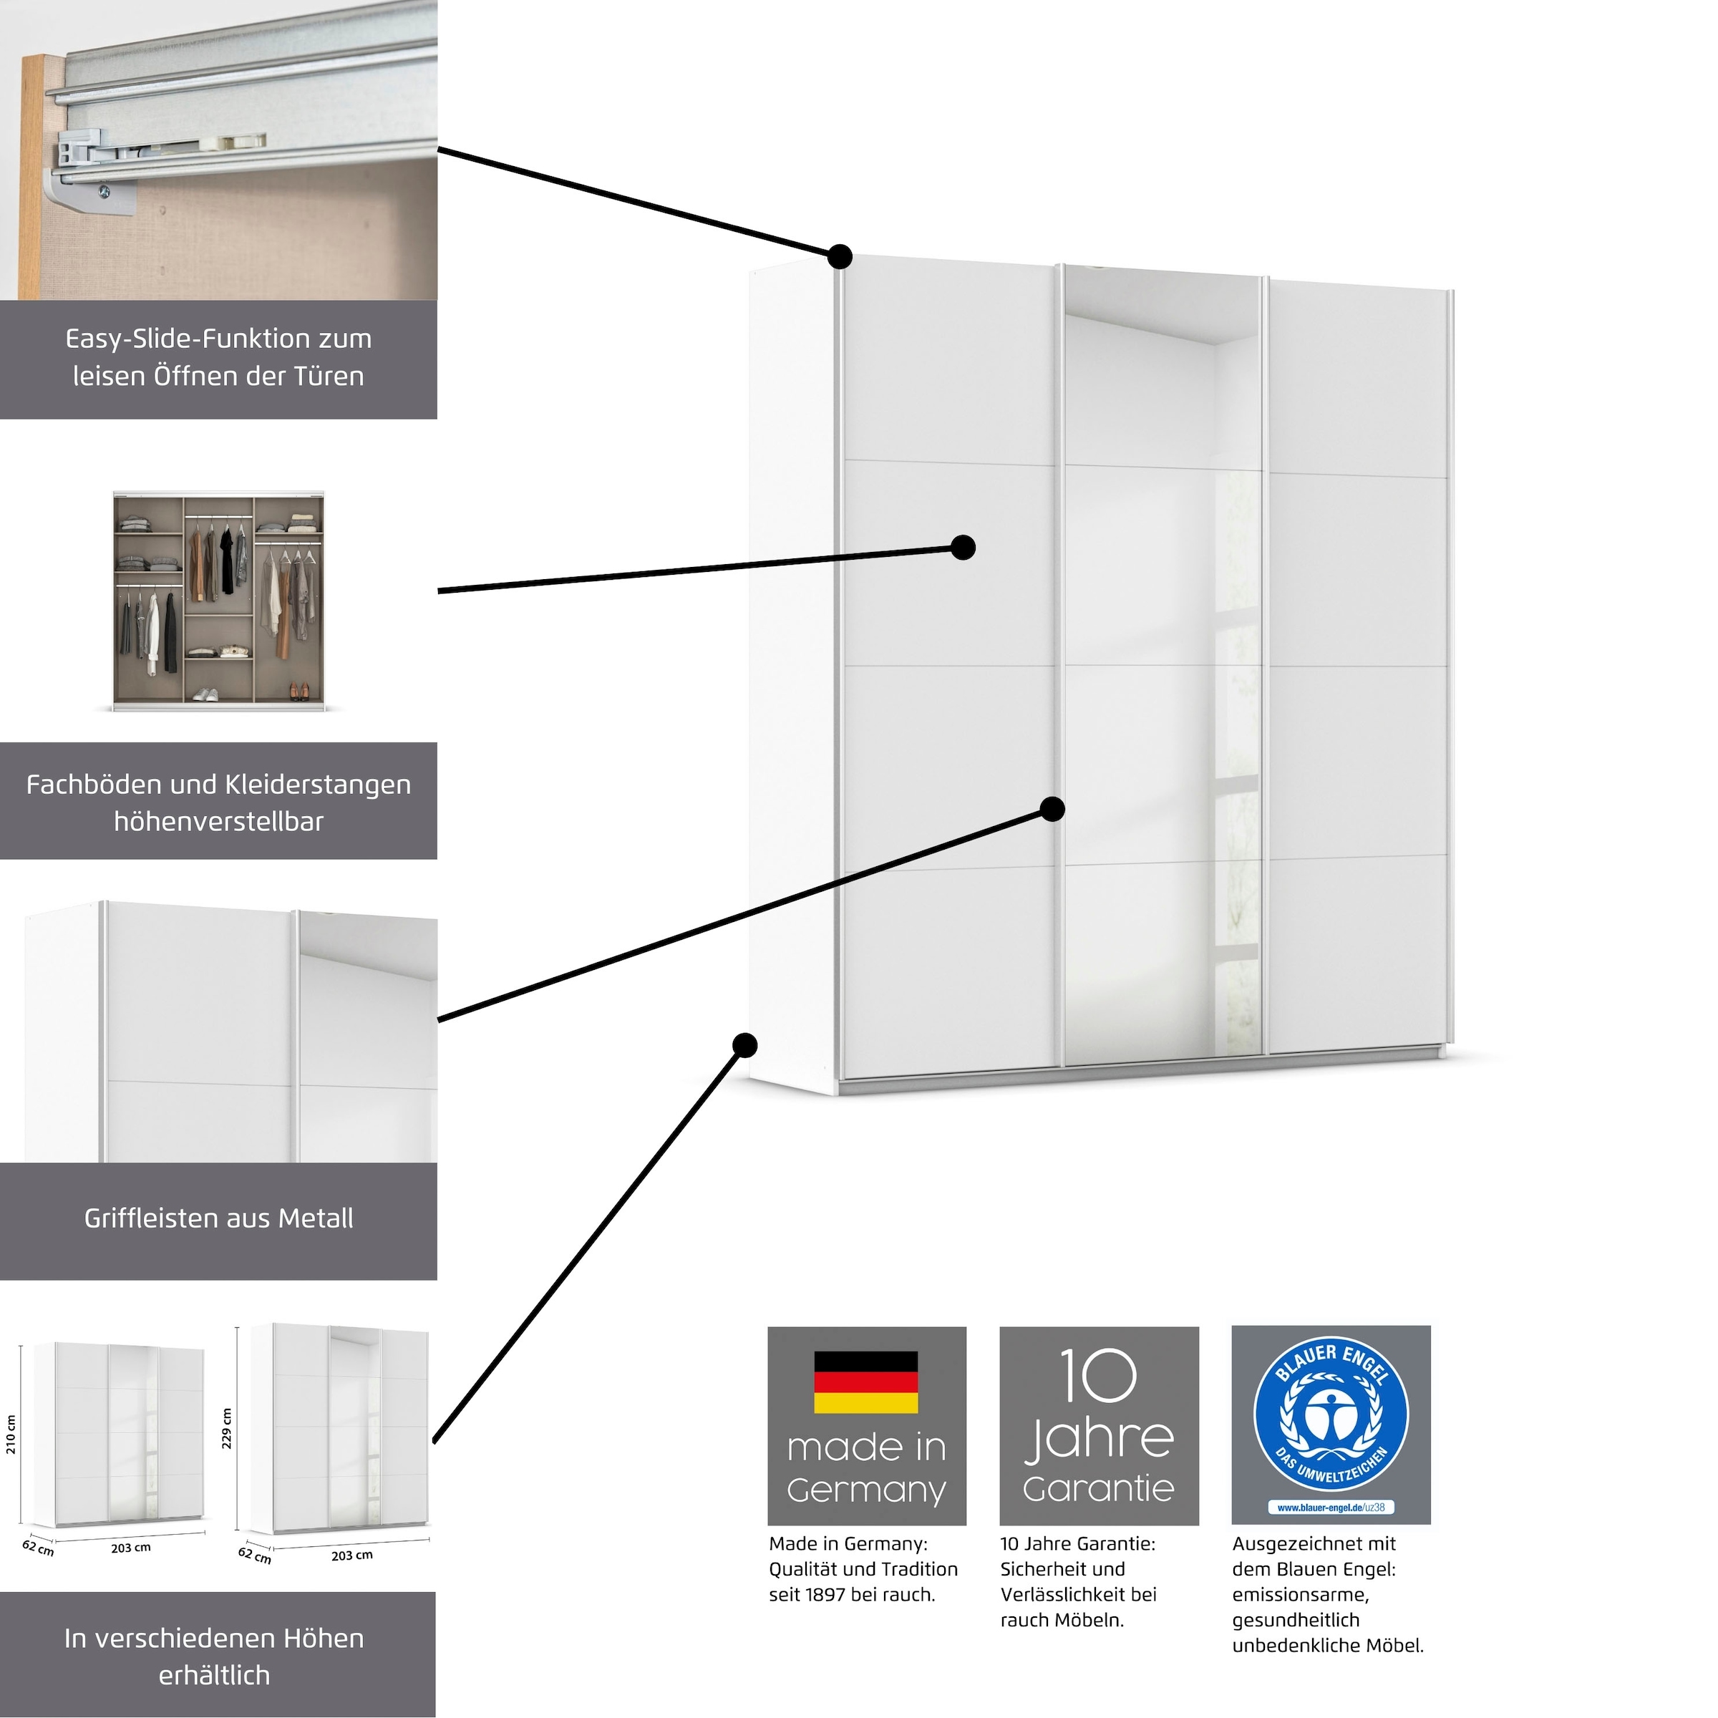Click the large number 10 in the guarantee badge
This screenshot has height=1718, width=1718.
1098,1376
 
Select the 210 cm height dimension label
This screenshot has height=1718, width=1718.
11,1435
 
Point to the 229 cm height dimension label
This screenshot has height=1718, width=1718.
227,1428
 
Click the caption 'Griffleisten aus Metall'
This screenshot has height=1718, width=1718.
219,1218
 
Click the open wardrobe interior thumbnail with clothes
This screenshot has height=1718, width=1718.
219,601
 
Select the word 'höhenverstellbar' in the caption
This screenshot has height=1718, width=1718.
219,822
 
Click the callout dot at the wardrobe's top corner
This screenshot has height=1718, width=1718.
840,257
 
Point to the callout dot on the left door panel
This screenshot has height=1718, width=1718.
962,547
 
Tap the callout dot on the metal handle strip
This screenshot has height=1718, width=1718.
1052,808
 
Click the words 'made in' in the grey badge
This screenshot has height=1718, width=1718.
866,1447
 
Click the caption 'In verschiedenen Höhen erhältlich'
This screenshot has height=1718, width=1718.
214,1656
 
